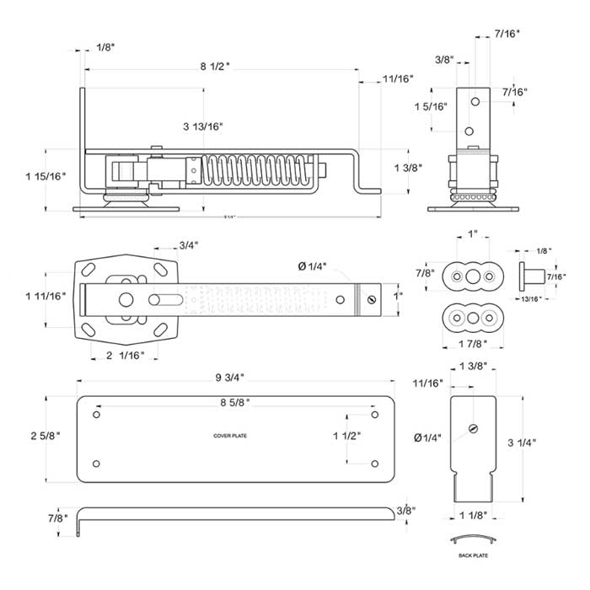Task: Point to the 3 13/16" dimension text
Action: point(202,126)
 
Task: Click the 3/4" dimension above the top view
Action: point(190,245)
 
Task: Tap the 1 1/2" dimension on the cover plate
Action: point(347,437)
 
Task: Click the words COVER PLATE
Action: point(229,436)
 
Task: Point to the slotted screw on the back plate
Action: point(473,429)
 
